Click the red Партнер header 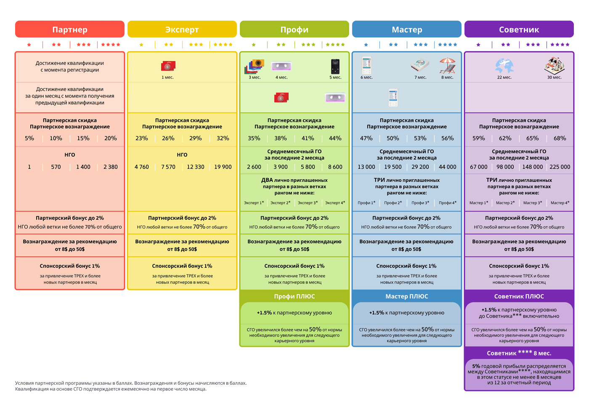[x=70, y=29]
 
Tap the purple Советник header [x=519, y=29]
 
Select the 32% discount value [x=223, y=138]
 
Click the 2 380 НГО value [x=110, y=167]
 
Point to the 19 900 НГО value [x=223, y=167]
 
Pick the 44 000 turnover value [x=447, y=167]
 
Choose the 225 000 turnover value [x=560, y=167]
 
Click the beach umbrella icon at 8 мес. [x=447, y=66]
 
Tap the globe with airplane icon [x=504, y=66]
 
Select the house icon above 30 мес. [x=555, y=66]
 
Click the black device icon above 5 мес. [x=335, y=66]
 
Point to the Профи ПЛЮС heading [x=294, y=296]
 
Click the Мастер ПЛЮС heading [x=406, y=296]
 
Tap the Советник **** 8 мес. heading [x=519, y=353]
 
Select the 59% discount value [x=479, y=138]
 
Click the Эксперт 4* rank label [x=335, y=203]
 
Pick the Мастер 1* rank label [x=479, y=203]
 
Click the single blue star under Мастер [x=366, y=45]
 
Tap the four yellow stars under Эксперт [x=223, y=45]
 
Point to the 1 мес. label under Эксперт [x=167, y=77]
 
